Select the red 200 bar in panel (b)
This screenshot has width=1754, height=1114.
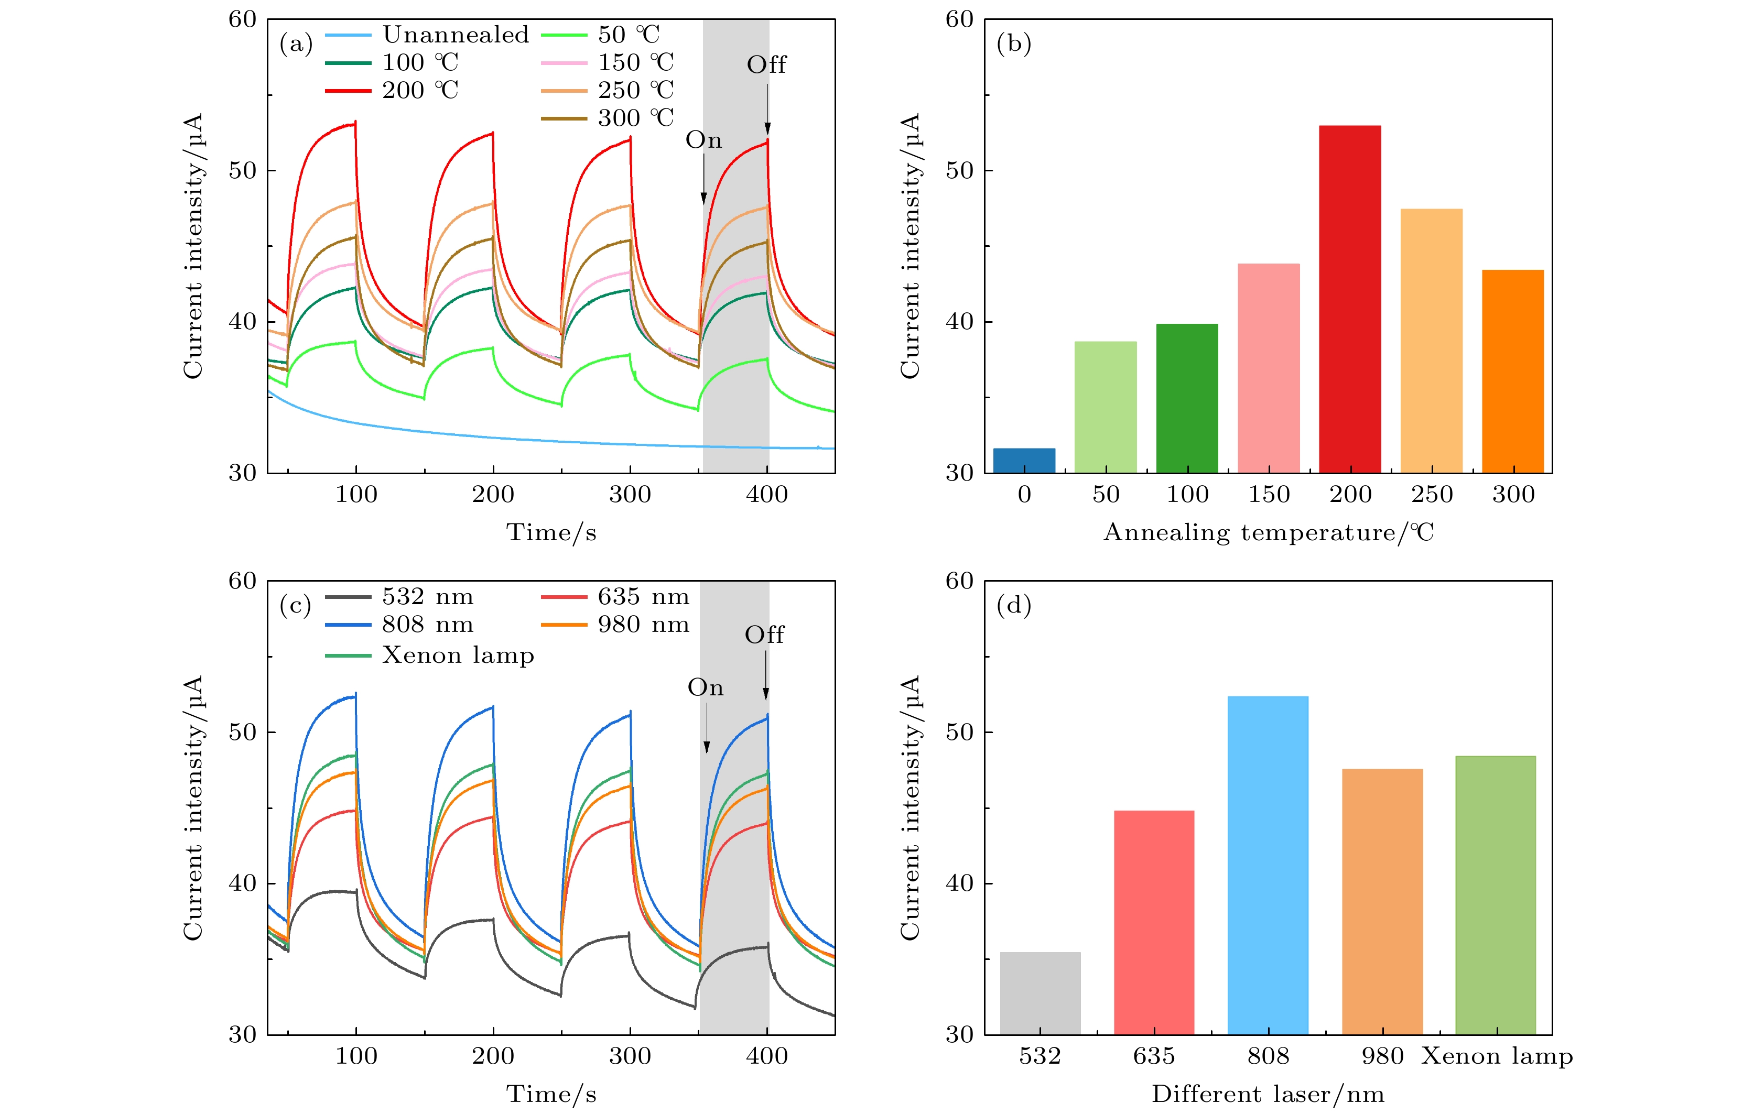(x=1350, y=299)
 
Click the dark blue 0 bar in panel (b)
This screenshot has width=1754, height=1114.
(x=1024, y=461)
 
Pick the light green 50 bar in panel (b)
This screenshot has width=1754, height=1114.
(x=1105, y=407)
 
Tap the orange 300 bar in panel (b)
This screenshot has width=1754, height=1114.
(x=1513, y=372)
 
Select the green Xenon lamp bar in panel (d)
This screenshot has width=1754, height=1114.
(x=1496, y=895)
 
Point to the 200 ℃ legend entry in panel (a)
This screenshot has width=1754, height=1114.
(x=420, y=90)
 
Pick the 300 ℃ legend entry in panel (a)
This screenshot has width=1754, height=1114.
(x=636, y=118)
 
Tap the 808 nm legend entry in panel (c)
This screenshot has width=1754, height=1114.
(x=428, y=625)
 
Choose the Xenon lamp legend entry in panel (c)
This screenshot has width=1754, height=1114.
(x=458, y=656)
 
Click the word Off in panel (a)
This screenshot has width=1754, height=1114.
(x=766, y=65)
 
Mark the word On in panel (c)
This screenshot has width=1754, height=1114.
(x=705, y=687)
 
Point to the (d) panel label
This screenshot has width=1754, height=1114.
(x=1013, y=605)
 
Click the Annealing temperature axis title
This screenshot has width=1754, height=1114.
(x=1268, y=532)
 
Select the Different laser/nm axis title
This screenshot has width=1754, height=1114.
(x=1268, y=1094)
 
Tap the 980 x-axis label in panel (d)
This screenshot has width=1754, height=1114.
(x=1382, y=1056)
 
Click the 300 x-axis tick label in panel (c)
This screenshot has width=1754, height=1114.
(x=630, y=1056)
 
